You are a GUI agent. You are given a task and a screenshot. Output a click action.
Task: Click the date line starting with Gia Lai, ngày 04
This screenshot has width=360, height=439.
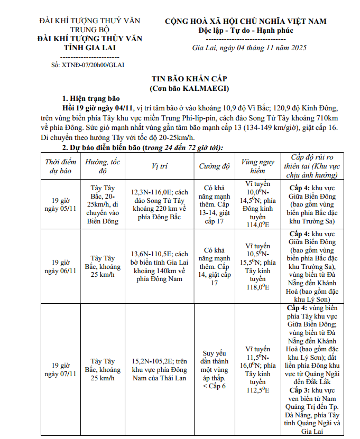(x=249, y=48)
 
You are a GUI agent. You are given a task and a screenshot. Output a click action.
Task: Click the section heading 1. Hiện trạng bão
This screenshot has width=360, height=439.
(x=91, y=98)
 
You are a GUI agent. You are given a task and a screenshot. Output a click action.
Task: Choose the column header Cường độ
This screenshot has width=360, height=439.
(x=215, y=166)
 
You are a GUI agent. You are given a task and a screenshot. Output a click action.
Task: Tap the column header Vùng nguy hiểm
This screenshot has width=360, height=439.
(x=257, y=166)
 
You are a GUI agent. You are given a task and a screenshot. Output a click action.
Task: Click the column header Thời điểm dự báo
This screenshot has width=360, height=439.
(x=60, y=166)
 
